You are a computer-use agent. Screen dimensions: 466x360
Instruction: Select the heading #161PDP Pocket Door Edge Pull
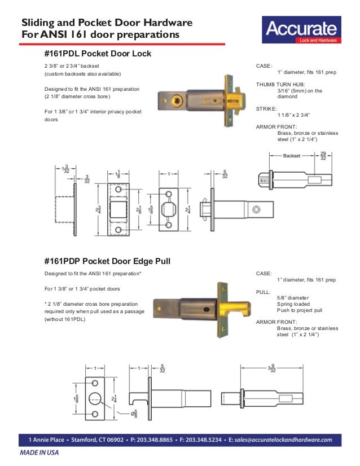(107, 261)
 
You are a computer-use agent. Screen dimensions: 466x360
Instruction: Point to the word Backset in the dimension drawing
(292, 155)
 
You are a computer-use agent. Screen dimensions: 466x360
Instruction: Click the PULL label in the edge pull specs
(263, 291)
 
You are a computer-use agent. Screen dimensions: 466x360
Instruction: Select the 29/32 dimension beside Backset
(323, 156)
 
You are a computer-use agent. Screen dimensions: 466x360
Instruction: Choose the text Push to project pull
(300, 310)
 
